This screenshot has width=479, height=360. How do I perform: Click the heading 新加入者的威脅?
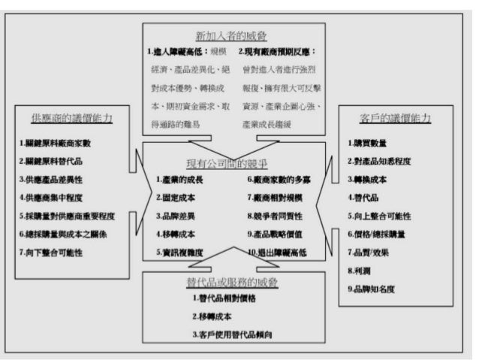236,35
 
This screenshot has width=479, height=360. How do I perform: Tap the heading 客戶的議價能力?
395,119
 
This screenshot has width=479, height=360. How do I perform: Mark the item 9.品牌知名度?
373,288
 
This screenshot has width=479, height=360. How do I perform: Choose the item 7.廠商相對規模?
277,198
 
